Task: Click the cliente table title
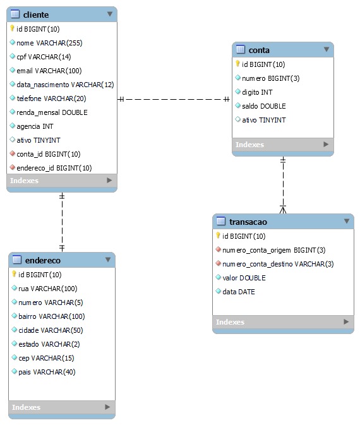(35, 15)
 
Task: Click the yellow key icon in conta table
(237, 64)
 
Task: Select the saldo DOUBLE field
(263, 106)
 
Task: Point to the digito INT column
(257, 92)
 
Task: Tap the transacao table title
(248, 222)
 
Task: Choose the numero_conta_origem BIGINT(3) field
(273, 250)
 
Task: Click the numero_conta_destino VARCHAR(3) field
(278, 264)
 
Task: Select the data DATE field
(238, 292)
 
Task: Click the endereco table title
(42, 260)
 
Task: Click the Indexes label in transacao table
(230, 322)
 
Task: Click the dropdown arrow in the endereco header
(107, 260)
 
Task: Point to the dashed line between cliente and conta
(174, 99)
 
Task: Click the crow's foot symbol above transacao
(283, 208)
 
